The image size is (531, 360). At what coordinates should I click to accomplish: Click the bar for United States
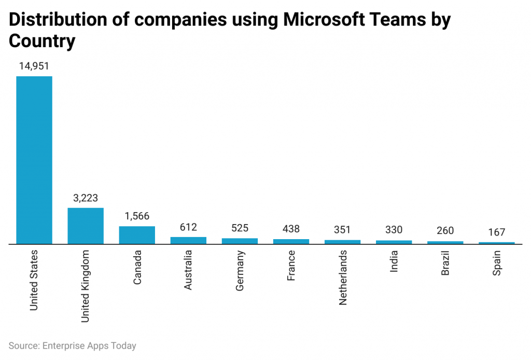click(34, 160)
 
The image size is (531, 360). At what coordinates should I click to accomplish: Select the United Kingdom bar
click(86, 226)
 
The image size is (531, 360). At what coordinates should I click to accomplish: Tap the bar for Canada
click(137, 234)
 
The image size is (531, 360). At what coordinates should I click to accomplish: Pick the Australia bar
click(188, 240)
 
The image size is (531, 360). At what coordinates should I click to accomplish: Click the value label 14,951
click(34, 66)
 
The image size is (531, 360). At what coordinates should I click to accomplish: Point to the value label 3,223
click(86, 198)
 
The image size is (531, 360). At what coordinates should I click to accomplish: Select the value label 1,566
click(137, 216)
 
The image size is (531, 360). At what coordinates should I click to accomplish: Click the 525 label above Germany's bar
click(240, 228)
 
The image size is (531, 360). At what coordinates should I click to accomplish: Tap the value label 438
click(291, 229)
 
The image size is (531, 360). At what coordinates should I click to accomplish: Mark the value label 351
click(342, 230)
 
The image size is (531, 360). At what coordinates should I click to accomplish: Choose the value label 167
click(496, 232)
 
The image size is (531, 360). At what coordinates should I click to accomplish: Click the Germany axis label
click(240, 270)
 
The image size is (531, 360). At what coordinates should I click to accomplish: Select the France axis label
click(291, 266)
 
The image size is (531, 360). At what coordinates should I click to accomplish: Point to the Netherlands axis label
click(343, 277)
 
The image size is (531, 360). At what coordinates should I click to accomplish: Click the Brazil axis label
click(445, 263)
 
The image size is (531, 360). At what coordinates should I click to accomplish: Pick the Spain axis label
click(497, 263)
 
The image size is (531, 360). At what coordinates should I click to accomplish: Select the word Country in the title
click(42, 41)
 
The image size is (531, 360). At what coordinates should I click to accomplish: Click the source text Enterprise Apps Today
click(89, 345)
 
